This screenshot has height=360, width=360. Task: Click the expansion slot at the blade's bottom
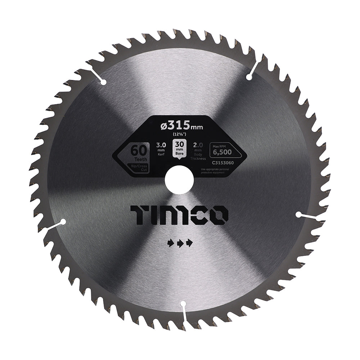(x=184, y=310)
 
